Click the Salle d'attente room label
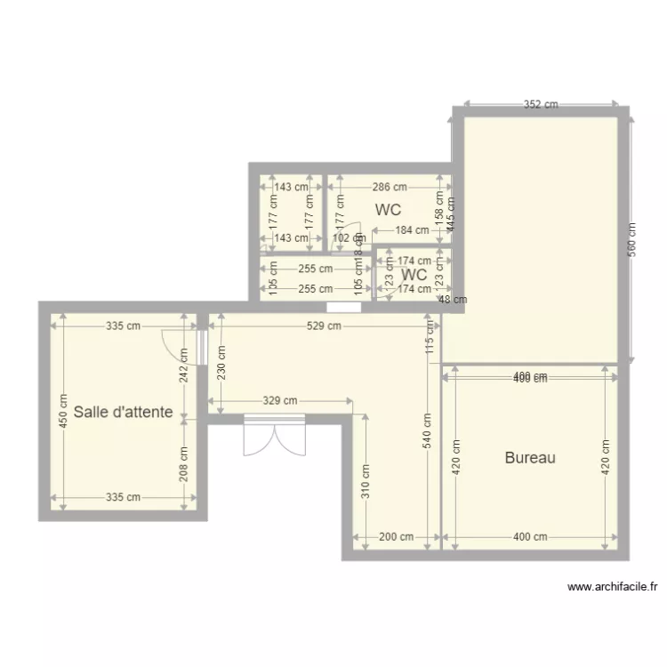tap(123, 413)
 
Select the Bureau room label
tap(530, 458)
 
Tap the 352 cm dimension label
tap(540, 104)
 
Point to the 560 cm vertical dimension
tap(631, 238)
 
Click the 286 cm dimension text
tap(389, 188)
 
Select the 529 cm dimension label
tap(324, 326)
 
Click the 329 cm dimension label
tap(280, 401)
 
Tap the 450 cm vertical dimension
tap(63, 412)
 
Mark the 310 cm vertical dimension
tap(365, 481)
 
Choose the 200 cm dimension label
tap(396, 537)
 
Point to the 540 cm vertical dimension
tap(427, 431)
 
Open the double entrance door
tap(275, 436)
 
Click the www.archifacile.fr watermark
tap(612, 587)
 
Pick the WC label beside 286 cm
tap(388, 211)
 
